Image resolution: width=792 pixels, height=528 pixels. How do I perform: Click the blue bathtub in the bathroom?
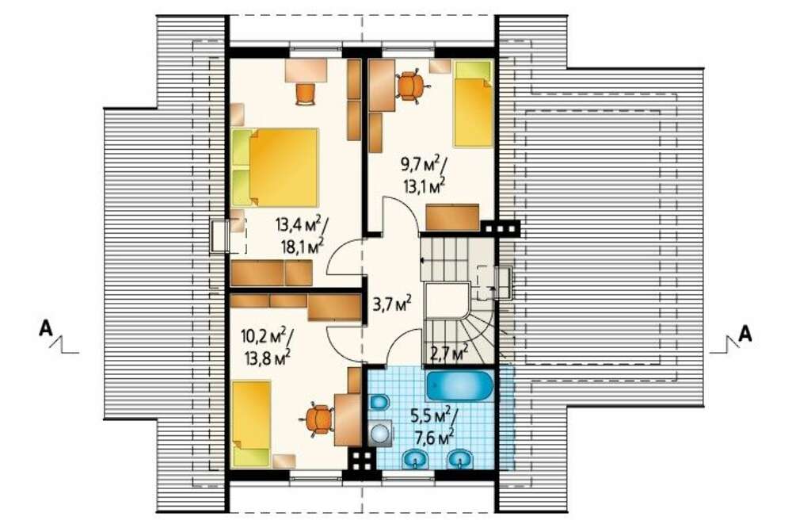(459, 387)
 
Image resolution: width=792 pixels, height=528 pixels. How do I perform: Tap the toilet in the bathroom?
(379, 403)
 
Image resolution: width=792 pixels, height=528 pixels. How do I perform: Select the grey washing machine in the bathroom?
(380, 434)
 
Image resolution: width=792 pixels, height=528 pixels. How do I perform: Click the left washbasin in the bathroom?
(415, 459)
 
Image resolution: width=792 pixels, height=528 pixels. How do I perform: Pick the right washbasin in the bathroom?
(459, 459)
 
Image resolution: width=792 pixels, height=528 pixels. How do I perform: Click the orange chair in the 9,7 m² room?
(412, 86)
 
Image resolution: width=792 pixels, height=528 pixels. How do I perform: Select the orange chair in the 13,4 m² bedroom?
(305, 94)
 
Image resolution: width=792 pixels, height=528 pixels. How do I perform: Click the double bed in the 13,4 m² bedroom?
(276, 167)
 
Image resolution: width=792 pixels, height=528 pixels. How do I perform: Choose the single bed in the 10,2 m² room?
(251, 424)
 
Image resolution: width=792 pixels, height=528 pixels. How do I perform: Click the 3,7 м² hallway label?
(393, 304)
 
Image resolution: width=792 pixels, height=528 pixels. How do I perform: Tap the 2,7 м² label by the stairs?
(448, 353)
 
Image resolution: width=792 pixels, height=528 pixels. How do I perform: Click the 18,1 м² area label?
(303, 247)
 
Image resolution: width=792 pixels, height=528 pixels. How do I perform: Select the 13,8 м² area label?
(267, 358)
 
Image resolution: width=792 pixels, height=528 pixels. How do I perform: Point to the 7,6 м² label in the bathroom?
(431, 437)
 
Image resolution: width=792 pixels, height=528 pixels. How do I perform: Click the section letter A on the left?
(46, 329)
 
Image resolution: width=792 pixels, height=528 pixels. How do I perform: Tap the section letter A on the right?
(745, 335)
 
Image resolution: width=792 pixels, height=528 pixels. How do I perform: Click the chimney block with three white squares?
(500, 228)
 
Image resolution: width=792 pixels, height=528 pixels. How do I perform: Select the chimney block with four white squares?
(363, 461)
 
